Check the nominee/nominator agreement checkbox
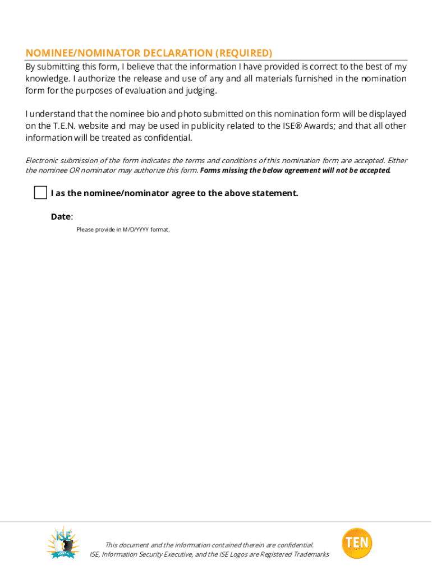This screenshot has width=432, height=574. (x=40, y=193)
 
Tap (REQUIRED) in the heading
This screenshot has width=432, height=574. (x=244, y=53)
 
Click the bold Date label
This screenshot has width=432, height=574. (x=61, y=216)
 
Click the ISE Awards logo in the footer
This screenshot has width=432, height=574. (x=63, y=542)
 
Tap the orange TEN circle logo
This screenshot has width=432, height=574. (x=357, y=543)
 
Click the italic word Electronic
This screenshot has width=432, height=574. (x=44, y=161)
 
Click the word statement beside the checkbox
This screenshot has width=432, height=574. (x=274, y=193)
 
